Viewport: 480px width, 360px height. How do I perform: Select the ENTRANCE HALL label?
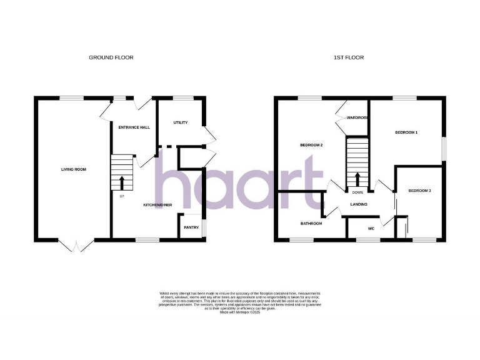click(134, 127)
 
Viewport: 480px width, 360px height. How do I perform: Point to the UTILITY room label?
click(180, 122)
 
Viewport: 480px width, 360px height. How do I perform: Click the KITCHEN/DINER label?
click(158, 205)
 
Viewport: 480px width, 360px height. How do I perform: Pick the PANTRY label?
click(191, 227)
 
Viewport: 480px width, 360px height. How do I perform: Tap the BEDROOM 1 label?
click(406, 132)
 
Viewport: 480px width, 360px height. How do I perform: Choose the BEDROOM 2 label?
click(311, 146)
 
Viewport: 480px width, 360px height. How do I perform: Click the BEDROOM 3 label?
click(420, 191)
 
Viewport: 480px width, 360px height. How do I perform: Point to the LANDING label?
click(358, 204)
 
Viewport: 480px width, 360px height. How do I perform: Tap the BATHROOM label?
click(311, 224)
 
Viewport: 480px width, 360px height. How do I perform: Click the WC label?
click(371, 229)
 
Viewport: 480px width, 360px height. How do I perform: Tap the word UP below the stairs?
click(122, 197)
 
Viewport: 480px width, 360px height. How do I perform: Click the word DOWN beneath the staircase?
click(357, 192)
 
